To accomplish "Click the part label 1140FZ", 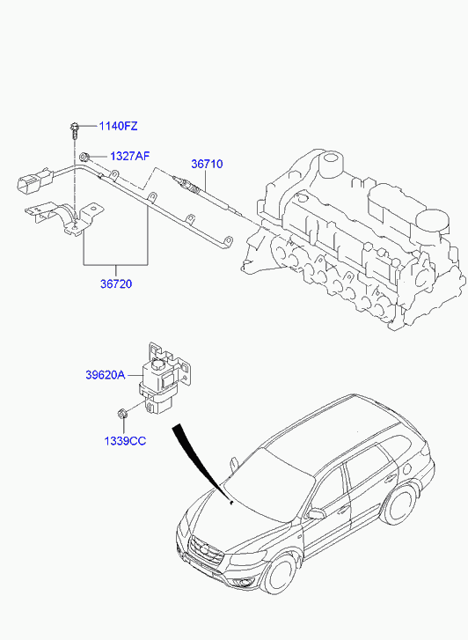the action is [x=119, y=126].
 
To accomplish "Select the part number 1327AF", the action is [x=129, y=156].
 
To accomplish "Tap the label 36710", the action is [x=207, y=164].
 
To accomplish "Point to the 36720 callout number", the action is [x=116, y=283].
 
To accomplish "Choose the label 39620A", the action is [x=106, y=375].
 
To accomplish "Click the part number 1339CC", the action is [x=125, y=441].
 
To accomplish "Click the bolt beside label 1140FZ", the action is [x=74, y=129].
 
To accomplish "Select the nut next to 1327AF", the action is [x=84, y=156].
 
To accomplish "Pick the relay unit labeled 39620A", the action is [x=165, y=379].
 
